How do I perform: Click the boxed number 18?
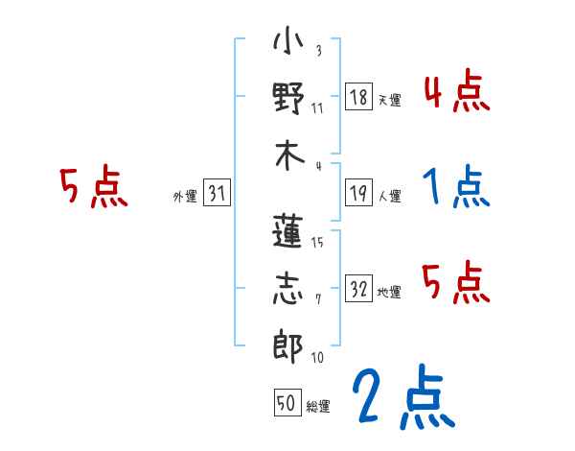pos(358,97)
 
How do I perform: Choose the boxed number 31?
pos(217,194)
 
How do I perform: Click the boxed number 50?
pos(287,403)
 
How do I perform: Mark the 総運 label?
pos(318,406)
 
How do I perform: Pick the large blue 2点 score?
pos(402,398)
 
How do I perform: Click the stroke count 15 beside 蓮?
pos(318,242)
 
